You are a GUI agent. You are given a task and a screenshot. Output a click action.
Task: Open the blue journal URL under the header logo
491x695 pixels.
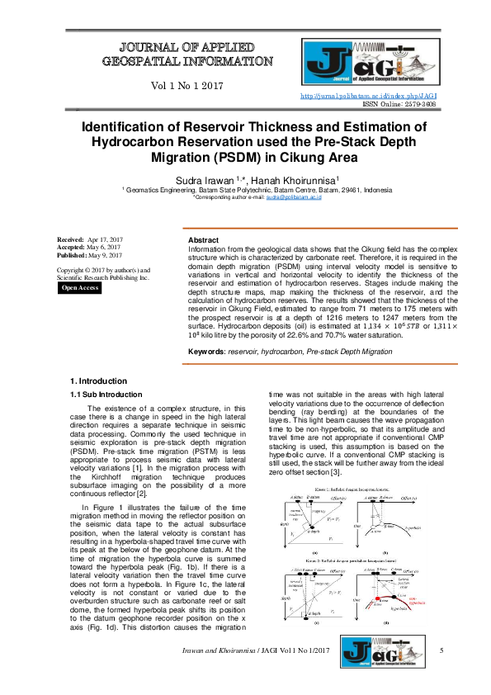click(368, 97)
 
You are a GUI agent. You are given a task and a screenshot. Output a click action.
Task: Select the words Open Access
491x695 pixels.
click(80, 287)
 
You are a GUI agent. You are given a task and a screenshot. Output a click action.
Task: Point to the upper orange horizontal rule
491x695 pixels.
click(319, 228)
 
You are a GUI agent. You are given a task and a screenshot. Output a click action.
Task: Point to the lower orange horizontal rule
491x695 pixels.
click(319, 363)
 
